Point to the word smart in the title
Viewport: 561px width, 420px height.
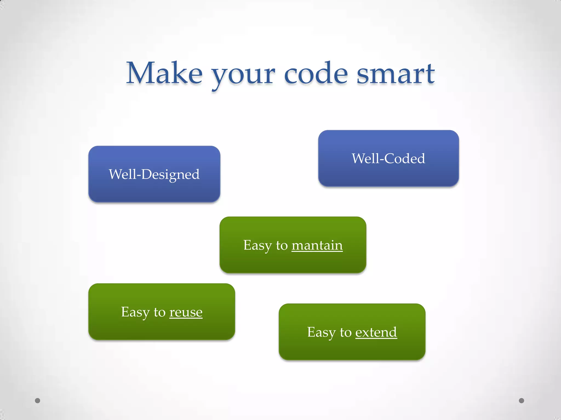396,74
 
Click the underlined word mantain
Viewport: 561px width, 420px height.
317,245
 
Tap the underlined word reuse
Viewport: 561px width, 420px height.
186,312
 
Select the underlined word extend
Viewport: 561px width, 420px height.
376,332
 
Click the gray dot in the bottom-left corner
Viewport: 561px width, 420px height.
38,401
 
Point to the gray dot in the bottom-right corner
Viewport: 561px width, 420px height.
522,401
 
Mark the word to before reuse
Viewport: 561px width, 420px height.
159,312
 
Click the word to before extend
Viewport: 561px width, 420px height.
345,332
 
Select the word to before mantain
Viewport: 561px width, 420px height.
282,245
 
